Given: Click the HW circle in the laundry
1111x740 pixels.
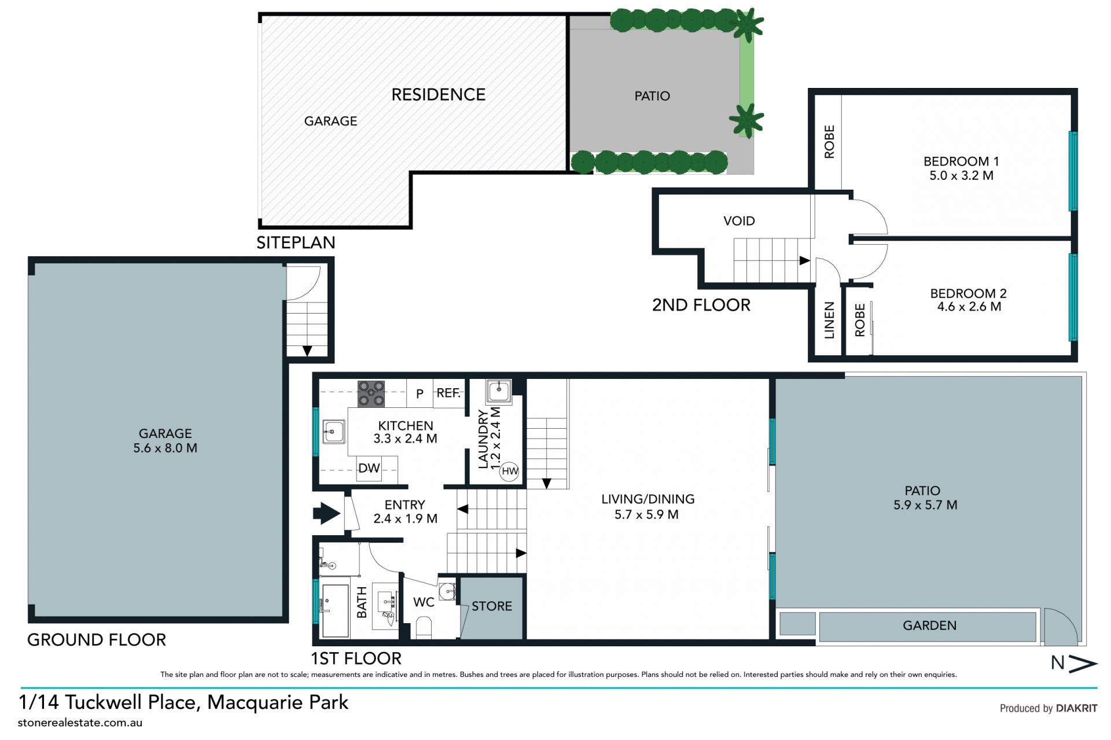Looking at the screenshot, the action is [510, 471].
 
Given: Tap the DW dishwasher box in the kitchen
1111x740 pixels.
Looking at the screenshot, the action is [369, 468].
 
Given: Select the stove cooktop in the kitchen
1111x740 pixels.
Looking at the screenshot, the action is [371, 393].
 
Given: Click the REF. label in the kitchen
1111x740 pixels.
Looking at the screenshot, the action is [448, 393].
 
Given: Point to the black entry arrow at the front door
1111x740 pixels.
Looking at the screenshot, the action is [326, 513].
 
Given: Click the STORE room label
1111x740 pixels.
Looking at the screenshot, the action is [492, 606].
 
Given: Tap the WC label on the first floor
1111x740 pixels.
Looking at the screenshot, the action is [424, 602].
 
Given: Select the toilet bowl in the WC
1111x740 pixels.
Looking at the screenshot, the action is [424, 627].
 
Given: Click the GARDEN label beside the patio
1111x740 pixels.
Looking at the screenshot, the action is [929, 625].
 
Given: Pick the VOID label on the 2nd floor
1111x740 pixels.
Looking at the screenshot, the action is [739, 221].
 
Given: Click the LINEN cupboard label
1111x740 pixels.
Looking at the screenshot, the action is [829, 320].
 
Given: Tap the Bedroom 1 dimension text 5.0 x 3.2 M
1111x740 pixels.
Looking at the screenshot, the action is [961, 175].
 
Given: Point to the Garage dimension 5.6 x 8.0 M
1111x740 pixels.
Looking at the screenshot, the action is [165, 448].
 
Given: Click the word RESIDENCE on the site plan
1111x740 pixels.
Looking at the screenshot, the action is [438, 95].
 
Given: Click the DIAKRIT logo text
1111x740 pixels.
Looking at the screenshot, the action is [1076, 708].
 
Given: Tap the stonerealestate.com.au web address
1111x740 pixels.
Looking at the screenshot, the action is [80, 723].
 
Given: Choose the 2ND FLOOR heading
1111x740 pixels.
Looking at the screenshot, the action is [701, 305].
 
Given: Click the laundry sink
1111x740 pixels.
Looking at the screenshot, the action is [499, 391].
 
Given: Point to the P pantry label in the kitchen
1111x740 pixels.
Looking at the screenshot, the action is [420, 394].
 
